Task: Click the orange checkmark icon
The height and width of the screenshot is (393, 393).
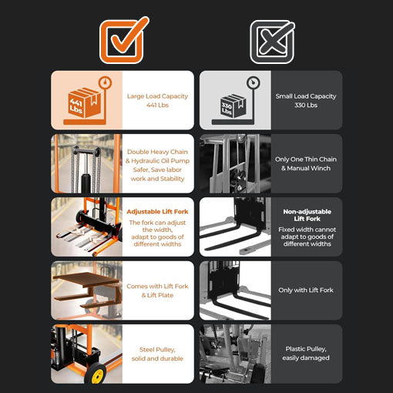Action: point(124,40)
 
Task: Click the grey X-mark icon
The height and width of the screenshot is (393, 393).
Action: point(272,42)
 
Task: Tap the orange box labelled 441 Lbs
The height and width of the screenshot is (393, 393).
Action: point(84,103)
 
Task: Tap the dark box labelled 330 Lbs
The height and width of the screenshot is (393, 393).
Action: point(233,106)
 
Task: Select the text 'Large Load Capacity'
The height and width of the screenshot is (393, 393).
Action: point(157,96)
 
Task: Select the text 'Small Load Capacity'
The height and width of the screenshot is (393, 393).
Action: point(306,96)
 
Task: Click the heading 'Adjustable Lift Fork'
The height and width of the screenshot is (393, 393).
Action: point(157,212)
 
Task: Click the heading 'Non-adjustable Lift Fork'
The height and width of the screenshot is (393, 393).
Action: point(307,215)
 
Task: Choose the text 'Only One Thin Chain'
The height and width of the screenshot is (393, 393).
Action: point(306,160)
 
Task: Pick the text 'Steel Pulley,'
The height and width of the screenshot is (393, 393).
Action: point(157,350)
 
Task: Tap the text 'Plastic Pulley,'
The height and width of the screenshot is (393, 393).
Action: point(306,349)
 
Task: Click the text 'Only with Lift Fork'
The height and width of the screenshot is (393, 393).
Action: point(306,290)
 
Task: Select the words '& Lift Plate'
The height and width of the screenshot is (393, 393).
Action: point(157,295)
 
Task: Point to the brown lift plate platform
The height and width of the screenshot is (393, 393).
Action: point(86,280)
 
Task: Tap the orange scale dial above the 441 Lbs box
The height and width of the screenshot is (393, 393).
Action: point(105,82)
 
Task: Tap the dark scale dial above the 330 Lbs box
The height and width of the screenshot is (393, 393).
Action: point(254,83)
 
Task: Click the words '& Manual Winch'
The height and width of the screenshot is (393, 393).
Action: point(306,168)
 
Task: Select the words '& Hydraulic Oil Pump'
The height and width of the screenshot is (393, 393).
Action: point(157,161)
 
